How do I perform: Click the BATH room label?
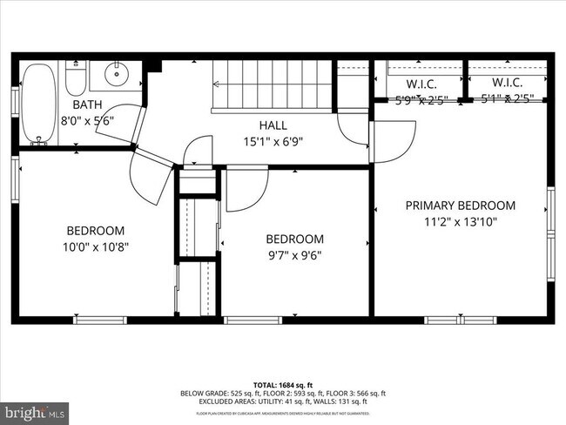tap(75, 105)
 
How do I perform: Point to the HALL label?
tap(273, 125)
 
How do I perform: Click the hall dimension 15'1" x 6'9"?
tap(273, 141)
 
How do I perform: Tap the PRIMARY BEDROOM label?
tap(461, 206)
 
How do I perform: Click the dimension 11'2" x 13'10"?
tap(461, 221)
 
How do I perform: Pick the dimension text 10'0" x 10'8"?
tap(95, 246)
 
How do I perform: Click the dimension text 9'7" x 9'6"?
tap(294, 255)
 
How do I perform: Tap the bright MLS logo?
tap(35, 410)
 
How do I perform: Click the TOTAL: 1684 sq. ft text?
tap(282, 384)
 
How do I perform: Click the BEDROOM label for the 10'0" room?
tap(95, 231)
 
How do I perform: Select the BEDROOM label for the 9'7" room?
tap(294, 239)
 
